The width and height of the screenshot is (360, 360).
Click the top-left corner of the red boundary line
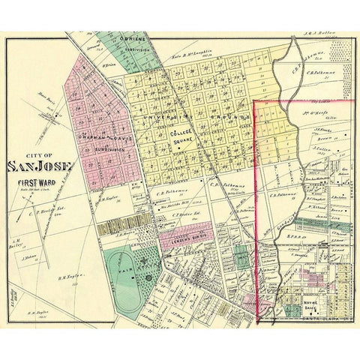click(x=257, y=100)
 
